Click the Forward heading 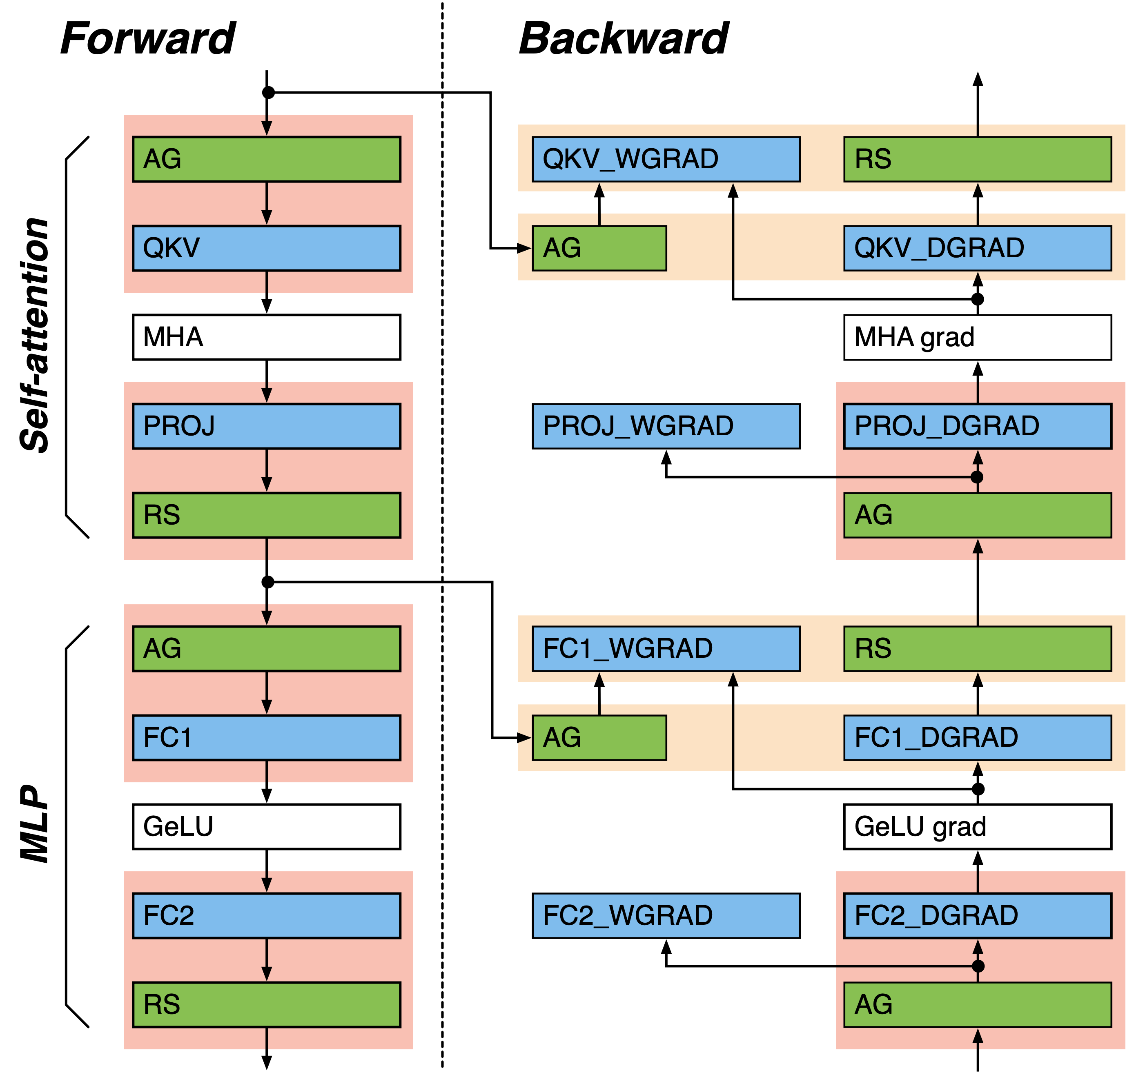coord(147,38)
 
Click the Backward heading coord(624,38)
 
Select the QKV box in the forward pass coord(266,248)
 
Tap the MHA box coord(266,337)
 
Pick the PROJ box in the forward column coord(266,426)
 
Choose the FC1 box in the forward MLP coord(266,737)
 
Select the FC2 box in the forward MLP coord(266,915)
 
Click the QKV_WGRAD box coord(666,159)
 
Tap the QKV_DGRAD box coord(977,248)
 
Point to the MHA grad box coord(977,337)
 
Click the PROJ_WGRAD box coord(666,426)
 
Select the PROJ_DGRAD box coord(977,426)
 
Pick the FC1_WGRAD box coord(666,648)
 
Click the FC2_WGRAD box coord(666,915)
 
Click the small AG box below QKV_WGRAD coord(599,248)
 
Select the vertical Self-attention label coord(35,336)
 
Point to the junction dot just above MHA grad coord(977,299)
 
